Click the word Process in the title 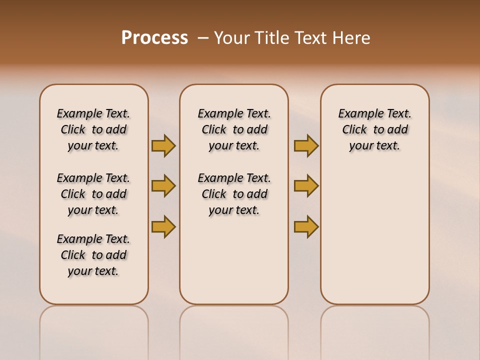[154, 38]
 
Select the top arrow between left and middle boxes [163, 145]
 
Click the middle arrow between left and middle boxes [163, 186]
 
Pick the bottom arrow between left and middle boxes [163, 226]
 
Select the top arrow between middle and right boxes [306, 145]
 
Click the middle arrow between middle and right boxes [306, 186]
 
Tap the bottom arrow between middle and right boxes [306, 226]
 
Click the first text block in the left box [93, 129]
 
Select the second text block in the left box [93, 194]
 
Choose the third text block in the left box [93, 255]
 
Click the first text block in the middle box [234, 129]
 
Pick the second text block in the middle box [234, 194]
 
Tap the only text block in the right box [375, 129]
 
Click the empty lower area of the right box [375, 240]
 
